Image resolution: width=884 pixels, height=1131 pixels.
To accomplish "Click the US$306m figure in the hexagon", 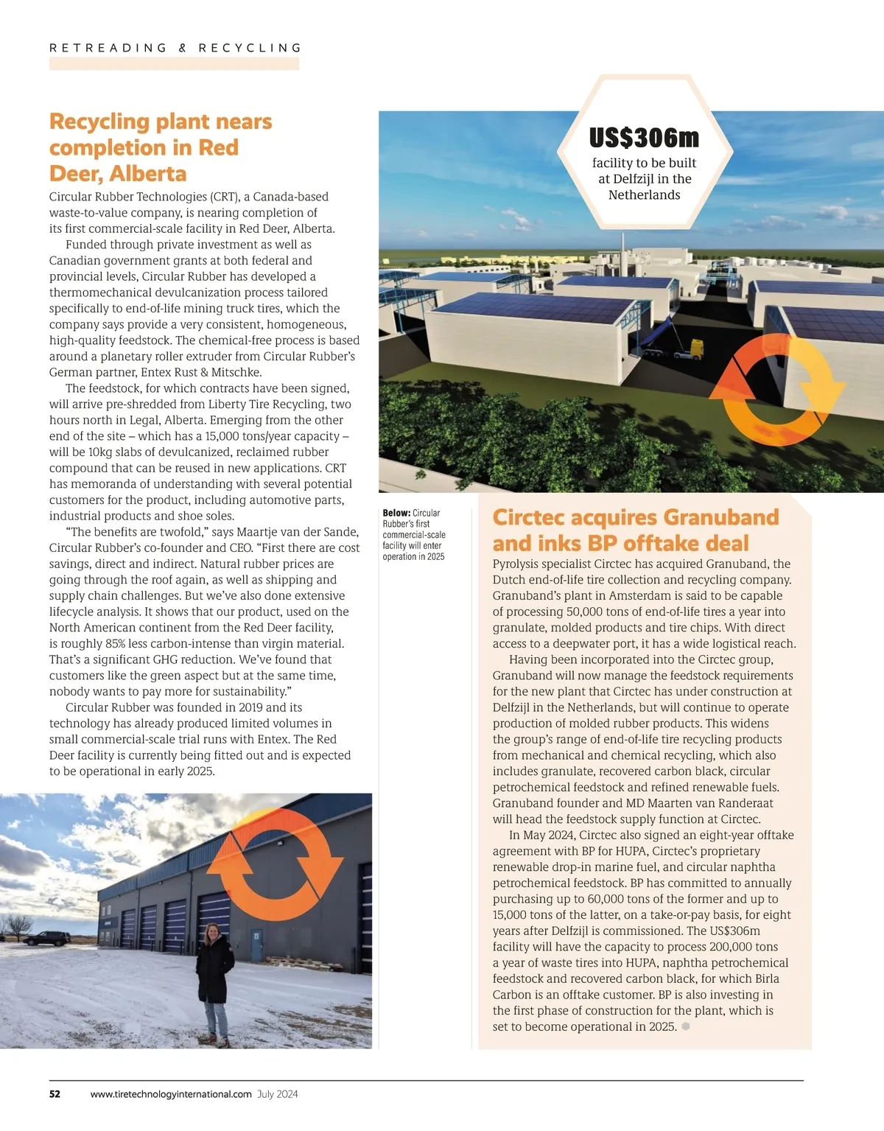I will [x=644, y=138].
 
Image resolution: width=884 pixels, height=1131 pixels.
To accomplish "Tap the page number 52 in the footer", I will [x=55, y=1094].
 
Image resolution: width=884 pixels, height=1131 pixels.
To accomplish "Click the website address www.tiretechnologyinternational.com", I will [x=171, y=1094].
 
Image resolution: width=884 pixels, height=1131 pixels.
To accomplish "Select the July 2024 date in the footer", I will [x=278, y=1094].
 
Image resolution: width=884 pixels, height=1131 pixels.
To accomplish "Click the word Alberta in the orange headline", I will [x=148, y=174].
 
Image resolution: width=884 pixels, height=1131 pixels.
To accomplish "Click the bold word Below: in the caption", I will [x=396, y=513].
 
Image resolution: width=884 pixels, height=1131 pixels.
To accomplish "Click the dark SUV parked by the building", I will [x=47, y=938].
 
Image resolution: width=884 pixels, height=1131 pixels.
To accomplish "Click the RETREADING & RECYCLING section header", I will [x=175, y=48].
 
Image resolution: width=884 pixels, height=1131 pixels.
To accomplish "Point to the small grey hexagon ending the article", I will [x=686, y=1026].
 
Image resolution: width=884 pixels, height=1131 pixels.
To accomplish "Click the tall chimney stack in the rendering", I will [x=624, y=244].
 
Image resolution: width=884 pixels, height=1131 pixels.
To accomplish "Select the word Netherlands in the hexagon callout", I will [x=644, y=195].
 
